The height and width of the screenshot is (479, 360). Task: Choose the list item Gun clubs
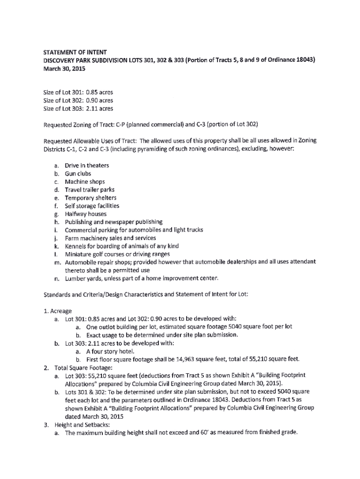(78, 174)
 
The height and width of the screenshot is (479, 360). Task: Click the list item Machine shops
(85, 181)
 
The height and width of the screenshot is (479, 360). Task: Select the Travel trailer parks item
(89, 190)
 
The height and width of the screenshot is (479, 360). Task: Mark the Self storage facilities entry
(92, 206)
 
